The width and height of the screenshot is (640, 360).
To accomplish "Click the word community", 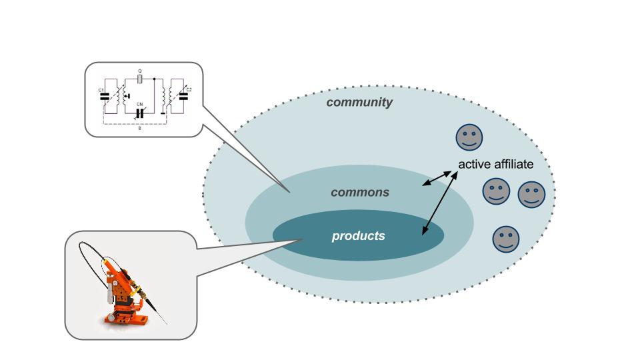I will pos(359,103).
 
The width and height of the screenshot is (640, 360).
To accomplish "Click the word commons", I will pos(360,193).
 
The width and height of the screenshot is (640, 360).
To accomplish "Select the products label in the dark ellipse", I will pos(358,236).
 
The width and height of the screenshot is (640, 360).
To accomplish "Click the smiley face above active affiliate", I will pos(469,137).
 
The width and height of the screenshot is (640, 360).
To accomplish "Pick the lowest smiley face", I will pos(505,239).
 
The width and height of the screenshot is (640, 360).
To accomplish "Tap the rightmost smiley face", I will pos(531,195).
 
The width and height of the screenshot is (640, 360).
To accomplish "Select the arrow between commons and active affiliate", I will pos(437,177).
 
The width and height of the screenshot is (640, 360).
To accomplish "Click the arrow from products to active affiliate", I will pos(440,203).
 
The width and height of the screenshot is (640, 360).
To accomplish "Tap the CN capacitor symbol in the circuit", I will pos(140,113).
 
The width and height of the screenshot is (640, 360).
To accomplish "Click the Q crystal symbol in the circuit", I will pos(140,79).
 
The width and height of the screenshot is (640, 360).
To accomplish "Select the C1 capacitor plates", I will pos(103,96).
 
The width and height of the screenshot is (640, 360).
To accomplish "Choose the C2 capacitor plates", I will pos(184,96).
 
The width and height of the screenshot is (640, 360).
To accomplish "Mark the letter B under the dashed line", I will pos(139,127).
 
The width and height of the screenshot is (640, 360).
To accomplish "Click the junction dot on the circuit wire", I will pos(155,79).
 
